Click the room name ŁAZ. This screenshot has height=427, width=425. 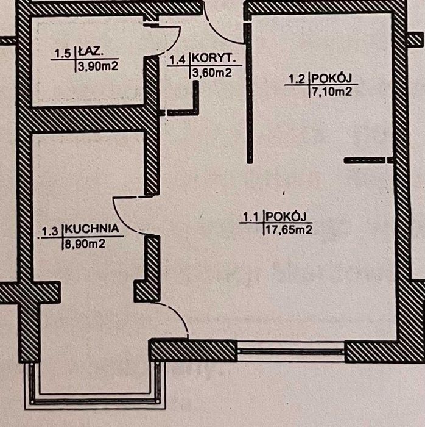(x=90, y=52)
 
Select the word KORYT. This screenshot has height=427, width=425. (x=213, y=59)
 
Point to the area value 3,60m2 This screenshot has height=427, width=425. (x=212, y=73)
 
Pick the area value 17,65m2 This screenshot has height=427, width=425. (x=289, y=230)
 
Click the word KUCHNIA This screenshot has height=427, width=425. (x=92, y=229)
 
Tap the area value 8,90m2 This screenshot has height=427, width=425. (x=85, y=244)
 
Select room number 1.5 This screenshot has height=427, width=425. (x=63, y=54)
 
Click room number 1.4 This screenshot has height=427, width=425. (x=178, y=60)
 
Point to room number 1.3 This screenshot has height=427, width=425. (x=51, y=231)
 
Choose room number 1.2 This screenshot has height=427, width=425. (x=297, y=79)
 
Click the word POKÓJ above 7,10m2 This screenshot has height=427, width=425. (x=332, y=78)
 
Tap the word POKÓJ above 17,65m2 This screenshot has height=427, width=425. (x=286, y=217)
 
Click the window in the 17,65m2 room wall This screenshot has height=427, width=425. (x=291, y=351)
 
